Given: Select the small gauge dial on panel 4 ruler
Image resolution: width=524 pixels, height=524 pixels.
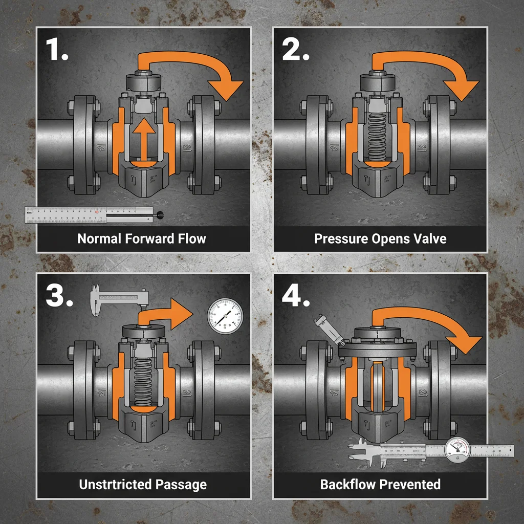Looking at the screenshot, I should pos(456,450).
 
